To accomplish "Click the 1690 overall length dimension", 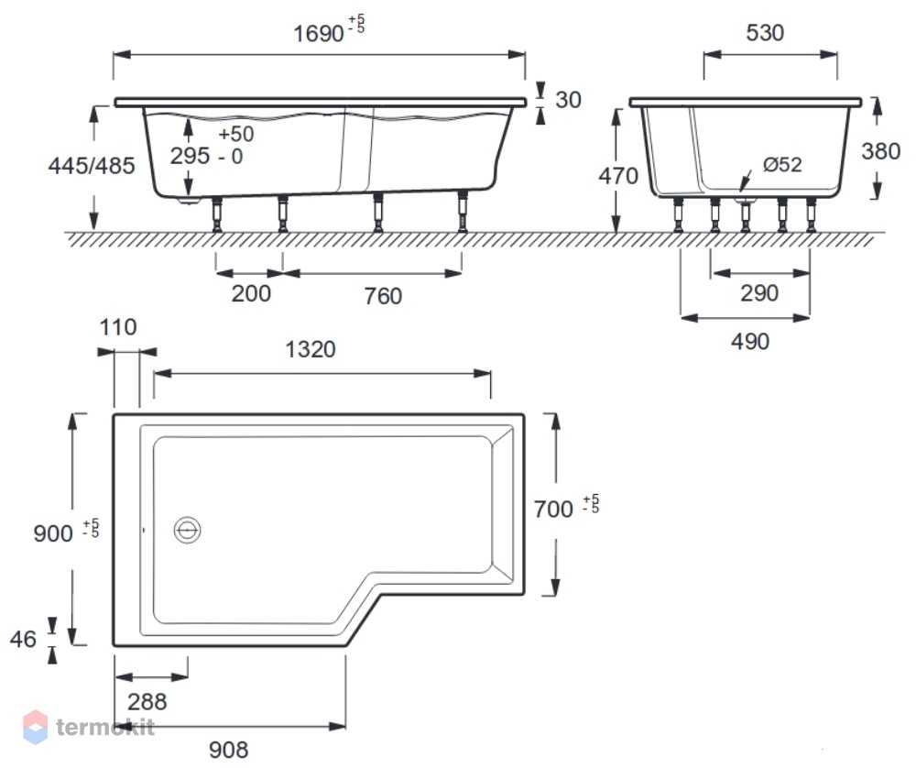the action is pyautogui.click(x=319, y=34).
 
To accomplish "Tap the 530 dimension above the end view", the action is pyautogui.click(x=765, y=33).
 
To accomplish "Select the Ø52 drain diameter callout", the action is pyautogui.click(x=782, y=165).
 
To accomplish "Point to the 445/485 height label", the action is pyautogui.click(x=92, y=166).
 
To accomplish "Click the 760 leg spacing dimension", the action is pyautogui.click(x=383, y=296).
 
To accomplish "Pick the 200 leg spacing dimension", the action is pyautogui.click(x=251, y=293).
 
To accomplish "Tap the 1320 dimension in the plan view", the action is pyautogui.click(x=311, y=349).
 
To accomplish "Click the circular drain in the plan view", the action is pyautogui.click(x=188, y=530).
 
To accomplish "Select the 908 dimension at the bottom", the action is pyautogui.click(x=228, y=750).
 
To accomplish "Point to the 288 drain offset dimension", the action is pyautogui.click(x=147, y=702).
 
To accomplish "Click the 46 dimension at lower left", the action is pyautogui.click(x=24, y=640).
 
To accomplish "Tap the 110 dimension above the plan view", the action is pyautogui.click(x=118, y=327).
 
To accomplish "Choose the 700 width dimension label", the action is pyautogui.click(x=553, y=509).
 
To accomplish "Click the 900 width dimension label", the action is pyautogui.click(x=53, y=533).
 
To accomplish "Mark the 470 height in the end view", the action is pyautogui.click(x=618, y=176).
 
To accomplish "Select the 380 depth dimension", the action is pyautogui.click(x=880, y=152).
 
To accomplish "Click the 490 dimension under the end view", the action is pyautogui.click(x=750, y=341).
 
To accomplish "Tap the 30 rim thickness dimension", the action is pyautogui.click(x=568, y=100).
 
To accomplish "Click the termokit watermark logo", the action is pyautogui.click(x=89, y=727).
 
